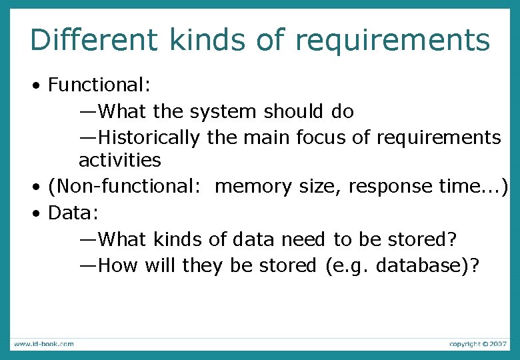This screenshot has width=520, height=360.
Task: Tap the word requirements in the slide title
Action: pos(393,41)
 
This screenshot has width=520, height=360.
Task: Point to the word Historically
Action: pos(149,137)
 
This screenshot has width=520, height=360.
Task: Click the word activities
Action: pos(120,160)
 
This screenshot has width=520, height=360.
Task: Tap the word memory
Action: pos(254,187)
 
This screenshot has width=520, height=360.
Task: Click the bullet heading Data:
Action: pos(73,213)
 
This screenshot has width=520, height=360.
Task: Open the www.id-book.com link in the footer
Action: pos(44,344)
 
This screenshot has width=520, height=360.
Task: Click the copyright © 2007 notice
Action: pos(478,344)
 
